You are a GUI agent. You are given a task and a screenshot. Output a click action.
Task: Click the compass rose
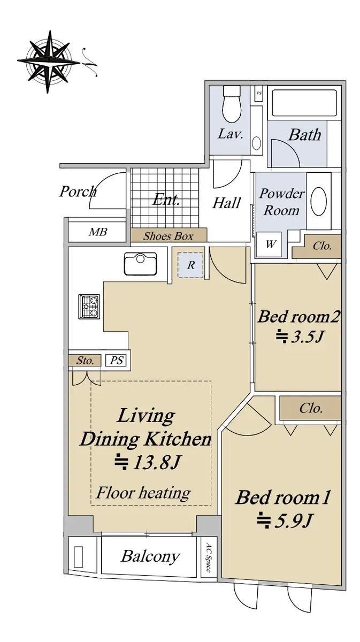coord(49,62)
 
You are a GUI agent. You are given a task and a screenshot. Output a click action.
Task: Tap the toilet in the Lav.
coord(232,104)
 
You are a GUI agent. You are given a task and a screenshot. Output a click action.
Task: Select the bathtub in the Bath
coord(304,103)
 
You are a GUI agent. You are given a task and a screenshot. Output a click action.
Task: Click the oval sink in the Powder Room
coord(318,202)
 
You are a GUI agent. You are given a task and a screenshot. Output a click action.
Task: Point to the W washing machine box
coord(269,244)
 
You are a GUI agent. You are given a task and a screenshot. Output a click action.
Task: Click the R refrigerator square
coord(190,265)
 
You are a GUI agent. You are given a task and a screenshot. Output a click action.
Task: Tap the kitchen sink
coord(140,264)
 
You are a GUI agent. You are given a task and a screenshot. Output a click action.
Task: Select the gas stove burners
coord(89,307)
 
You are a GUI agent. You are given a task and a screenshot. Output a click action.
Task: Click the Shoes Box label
coord(168,236)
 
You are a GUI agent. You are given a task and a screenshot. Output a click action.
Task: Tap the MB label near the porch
coord(98,232)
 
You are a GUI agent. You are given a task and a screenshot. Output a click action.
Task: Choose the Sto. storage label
coord(85,361)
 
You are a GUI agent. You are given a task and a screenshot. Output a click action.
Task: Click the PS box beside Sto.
coord(117,360)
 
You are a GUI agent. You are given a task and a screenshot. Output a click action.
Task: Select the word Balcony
coord(150,557)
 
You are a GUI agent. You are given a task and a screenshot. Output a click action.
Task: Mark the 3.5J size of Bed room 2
coord(300,337)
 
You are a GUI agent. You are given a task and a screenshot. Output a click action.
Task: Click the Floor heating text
coord(143,493)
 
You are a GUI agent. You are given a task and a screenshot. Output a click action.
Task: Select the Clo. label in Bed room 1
coord(311,408)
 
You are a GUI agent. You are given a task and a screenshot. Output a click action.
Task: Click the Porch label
coord(78,191)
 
